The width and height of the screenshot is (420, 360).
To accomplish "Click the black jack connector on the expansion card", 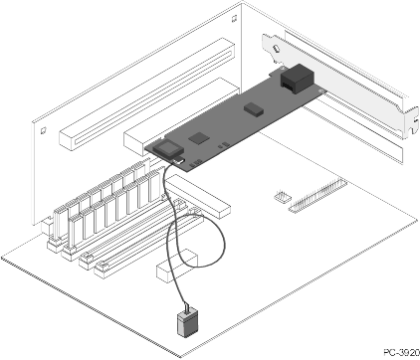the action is [x=297, y=80].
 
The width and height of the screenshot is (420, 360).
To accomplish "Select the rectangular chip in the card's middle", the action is [x=254, y=108].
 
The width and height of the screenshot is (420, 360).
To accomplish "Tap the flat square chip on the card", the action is [x=199, y=137].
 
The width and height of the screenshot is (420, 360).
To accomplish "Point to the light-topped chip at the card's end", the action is [x=168, y=148].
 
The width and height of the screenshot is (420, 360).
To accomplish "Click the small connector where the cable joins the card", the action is [x=178, y=161].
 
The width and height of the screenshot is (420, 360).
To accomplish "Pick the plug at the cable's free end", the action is [x=188, y=323].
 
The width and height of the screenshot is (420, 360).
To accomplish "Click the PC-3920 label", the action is [x=401, y=353].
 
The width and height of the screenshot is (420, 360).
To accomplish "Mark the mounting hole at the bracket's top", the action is [x=276, y=49].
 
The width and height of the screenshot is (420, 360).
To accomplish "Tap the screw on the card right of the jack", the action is [x=320, y=90].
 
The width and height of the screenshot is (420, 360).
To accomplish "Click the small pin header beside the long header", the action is [x=283, y=196].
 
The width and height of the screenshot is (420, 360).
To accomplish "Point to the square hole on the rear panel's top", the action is [x=234, y=19].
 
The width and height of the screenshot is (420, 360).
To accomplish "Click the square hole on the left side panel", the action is [x=43, y=130].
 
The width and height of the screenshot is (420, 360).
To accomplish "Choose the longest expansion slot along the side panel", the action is [x=147, y=94].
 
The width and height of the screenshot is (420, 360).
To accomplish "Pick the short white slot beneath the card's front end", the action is [x=198, y=197].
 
